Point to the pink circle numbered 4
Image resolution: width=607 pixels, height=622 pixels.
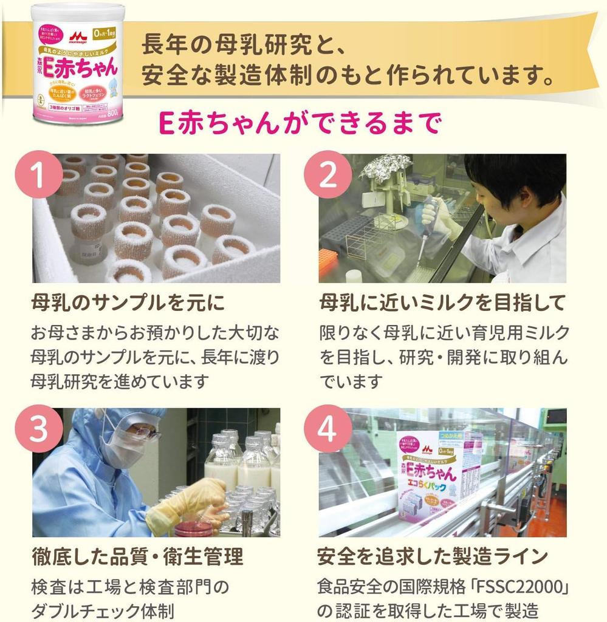(x=328, y=429)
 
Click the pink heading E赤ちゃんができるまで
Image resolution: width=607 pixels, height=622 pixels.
(x=298, y=123)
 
